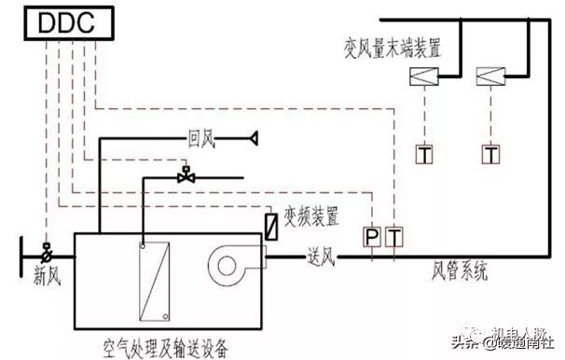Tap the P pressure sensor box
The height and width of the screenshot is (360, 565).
coord(372,238)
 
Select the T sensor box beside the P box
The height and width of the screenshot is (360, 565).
coord(394,238)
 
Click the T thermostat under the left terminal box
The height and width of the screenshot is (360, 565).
coord(425,152)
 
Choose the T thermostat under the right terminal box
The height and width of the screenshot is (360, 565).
coord(489,152)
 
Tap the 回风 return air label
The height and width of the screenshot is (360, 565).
coord(200,140)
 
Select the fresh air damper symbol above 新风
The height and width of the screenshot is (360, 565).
coord(45,249)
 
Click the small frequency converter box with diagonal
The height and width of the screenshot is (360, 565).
coord(270,226)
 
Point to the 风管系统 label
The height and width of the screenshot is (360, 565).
coord(458,272)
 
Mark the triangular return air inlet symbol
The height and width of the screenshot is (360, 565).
coord(251,140)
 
